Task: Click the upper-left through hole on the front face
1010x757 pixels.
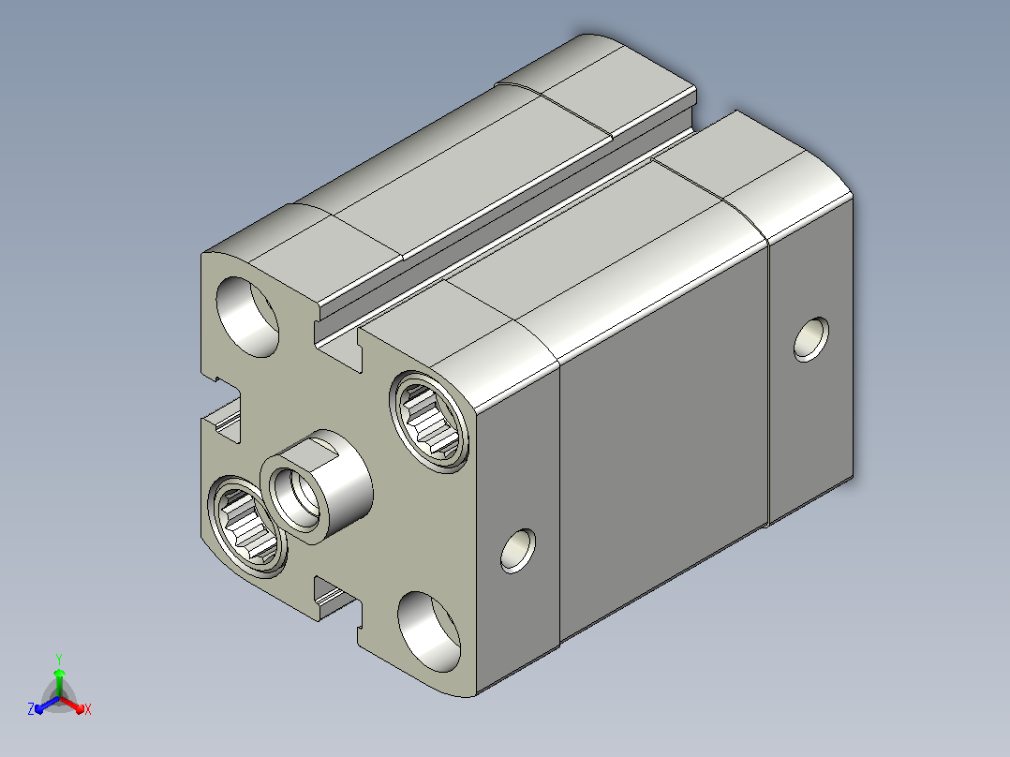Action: click(247, 317)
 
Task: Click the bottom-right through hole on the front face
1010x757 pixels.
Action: click(429, 632)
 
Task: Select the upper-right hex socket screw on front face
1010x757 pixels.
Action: click(429, 422)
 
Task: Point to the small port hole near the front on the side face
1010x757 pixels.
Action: click(518, 551)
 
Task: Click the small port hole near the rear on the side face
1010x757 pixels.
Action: click(811, 339)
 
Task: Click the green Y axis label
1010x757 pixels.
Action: click(59, 659)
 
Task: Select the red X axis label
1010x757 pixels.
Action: click(88, 709)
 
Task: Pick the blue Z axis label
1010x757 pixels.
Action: click(31, 708)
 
